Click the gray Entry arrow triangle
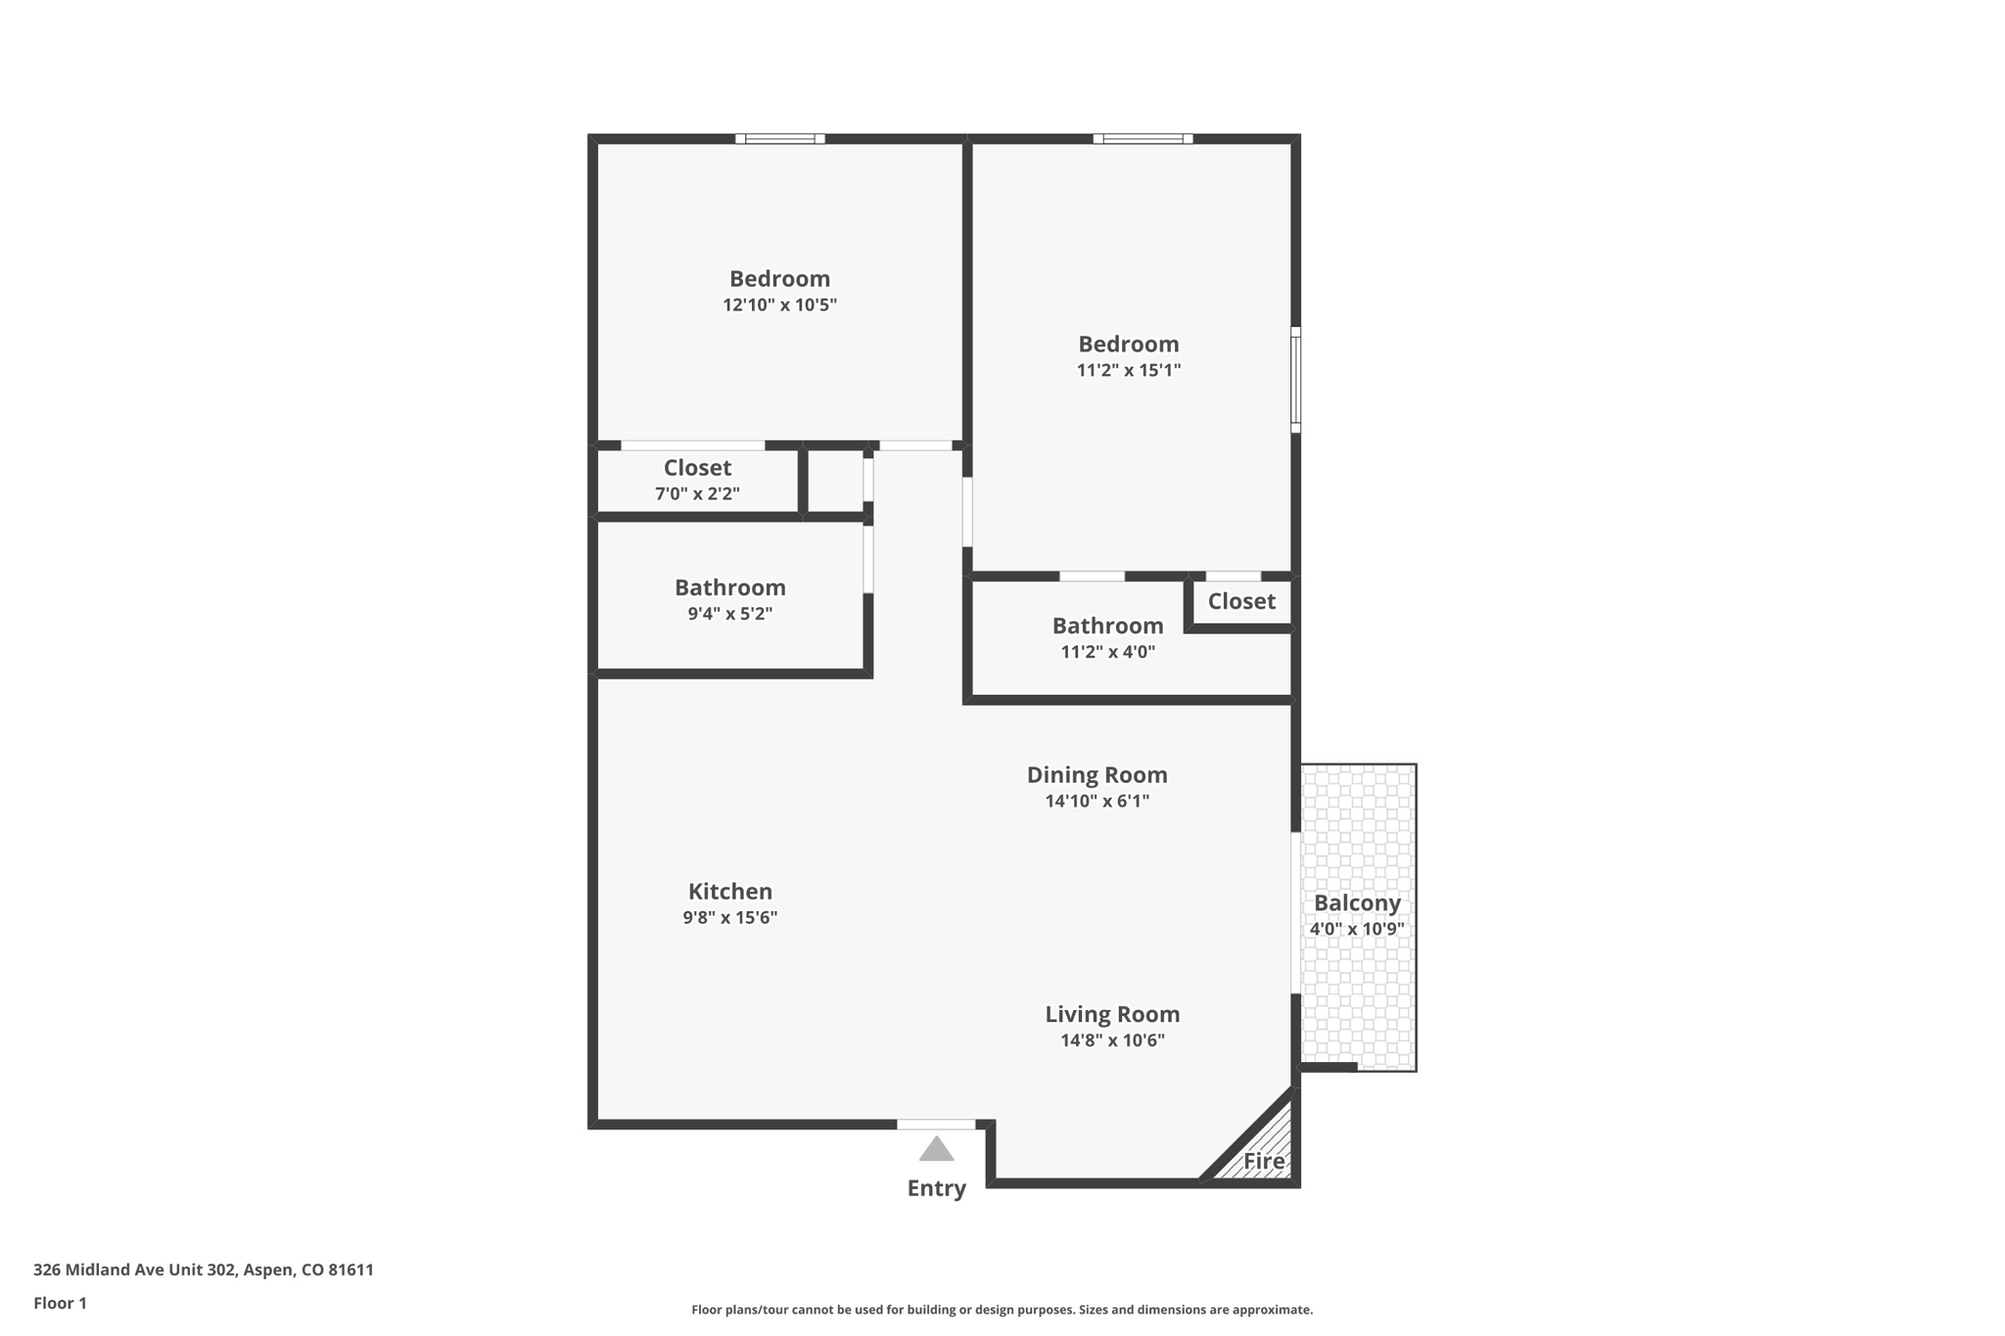[936, 1150]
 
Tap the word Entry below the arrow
[936, 1188]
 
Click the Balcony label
[1357, 902]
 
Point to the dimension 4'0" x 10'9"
[1357, 929]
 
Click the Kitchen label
[729, 892]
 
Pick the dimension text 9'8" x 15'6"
[729, 918]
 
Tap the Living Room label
[1112, 1014]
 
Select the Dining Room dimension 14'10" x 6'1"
[1096, 802]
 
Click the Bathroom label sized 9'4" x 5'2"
[729, 587]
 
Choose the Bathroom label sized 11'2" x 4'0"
[1107, 625]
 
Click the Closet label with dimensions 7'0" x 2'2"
[697, 468]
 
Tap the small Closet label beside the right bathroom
[1240, 601]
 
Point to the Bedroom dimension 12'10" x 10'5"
[779, 305]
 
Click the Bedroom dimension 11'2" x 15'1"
[1128, 371]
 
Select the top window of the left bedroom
[779, 139]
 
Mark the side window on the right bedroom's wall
[1295, 380]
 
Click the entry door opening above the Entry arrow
[936, 1125]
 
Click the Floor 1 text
[60, 1303]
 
